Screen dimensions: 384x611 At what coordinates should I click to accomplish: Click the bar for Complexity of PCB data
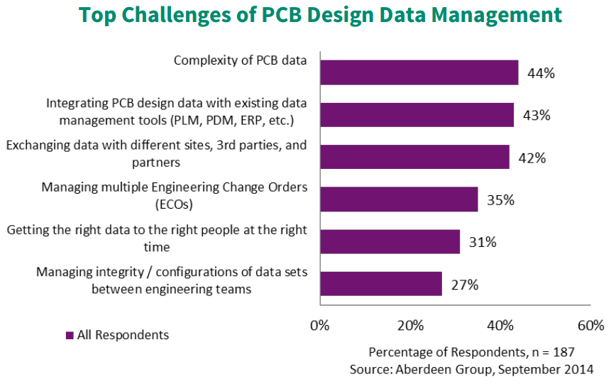[419, 73]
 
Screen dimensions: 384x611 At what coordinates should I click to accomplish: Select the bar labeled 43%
[417, 115]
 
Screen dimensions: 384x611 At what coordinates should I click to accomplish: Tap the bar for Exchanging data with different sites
[414, 157]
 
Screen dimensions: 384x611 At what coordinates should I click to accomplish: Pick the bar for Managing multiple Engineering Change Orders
[399, 199]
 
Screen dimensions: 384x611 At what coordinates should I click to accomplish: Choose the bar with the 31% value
[390, 241]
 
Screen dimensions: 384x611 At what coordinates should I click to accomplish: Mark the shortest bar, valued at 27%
[381, 284]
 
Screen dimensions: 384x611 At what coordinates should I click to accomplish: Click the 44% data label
[541, 73]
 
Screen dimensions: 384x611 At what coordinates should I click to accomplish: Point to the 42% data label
[532, 158]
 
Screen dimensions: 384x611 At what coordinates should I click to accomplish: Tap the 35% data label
[500, 200]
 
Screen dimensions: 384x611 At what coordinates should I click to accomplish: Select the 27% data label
[465, 285]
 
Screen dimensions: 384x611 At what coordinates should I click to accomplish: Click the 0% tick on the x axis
[320, 326]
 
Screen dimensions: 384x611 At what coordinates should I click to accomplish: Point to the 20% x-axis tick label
[410, 326]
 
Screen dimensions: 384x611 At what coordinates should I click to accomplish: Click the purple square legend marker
[70, 335]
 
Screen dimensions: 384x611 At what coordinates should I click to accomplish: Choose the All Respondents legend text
[123, 335]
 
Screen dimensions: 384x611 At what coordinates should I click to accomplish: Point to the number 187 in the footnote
[562, 352]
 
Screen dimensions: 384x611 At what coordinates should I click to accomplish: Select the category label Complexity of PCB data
[240, 60]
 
